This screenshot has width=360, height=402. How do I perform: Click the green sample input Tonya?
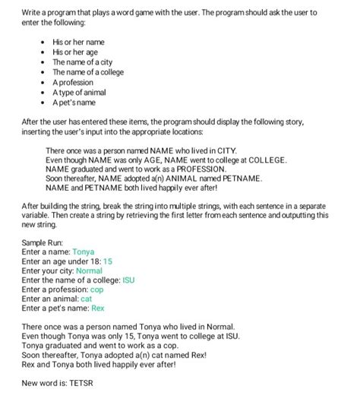click(85, 251)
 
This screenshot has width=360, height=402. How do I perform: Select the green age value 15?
click(108, 261)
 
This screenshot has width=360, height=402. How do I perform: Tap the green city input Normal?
click(90, 271)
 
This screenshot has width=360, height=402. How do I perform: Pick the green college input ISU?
click(128, 280)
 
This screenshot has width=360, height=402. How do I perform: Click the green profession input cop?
click(96, 290)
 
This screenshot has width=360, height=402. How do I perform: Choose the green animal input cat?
click(86, 299)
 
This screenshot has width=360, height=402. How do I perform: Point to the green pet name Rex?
click(97, 309)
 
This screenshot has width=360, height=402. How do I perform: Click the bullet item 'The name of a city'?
click(82, 62)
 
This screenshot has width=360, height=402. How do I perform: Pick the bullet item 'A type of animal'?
click(79, 92)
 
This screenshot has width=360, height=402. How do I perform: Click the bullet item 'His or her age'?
click(76, 52)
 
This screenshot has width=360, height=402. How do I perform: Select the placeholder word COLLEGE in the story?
click(262, 160)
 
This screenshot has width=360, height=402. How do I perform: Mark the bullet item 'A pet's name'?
click(74, 102)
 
